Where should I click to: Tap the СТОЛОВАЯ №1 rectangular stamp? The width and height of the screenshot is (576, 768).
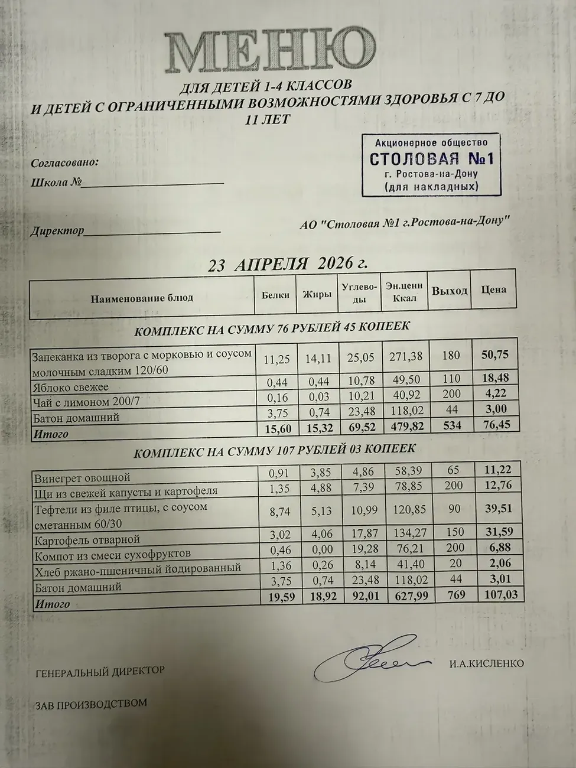point(431,164)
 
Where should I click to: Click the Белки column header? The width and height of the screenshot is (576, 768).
point(275,294)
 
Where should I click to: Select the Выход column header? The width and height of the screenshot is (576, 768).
point(449,291)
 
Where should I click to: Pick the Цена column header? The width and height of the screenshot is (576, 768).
point(493,289)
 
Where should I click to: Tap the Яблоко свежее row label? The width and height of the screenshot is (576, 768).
point(70,388)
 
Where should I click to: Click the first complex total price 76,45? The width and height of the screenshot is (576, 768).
point(496,424)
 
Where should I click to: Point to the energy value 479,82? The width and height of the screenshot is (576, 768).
point(405,426)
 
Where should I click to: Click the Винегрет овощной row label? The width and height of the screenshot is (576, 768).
point(82,477)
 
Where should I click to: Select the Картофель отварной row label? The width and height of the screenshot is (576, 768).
point(87,539)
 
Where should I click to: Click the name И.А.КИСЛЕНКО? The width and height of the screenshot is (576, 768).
point(486,663)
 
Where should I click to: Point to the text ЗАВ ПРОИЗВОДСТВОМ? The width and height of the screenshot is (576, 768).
point(91,704)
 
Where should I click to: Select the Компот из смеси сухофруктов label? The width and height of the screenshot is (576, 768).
point(112,555)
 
